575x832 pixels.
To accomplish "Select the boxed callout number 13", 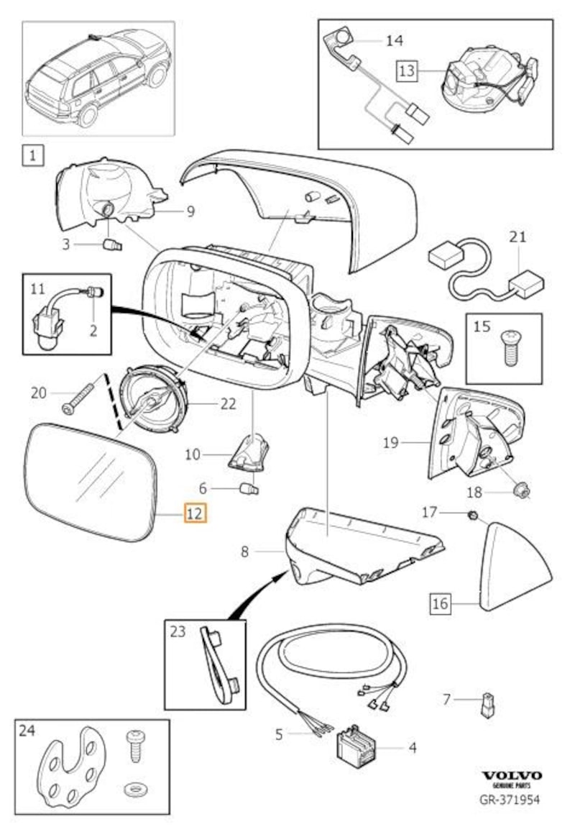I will click(x=407, y=70).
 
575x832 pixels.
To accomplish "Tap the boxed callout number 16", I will click(x=441, y=603).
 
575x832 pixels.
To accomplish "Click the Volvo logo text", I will click(x=512, y=775).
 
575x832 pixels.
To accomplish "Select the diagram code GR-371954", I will click(x=511, y=799).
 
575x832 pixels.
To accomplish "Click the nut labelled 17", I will click(x=473, y=515).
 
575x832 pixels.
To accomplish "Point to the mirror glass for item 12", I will click(x=91, y=480).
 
